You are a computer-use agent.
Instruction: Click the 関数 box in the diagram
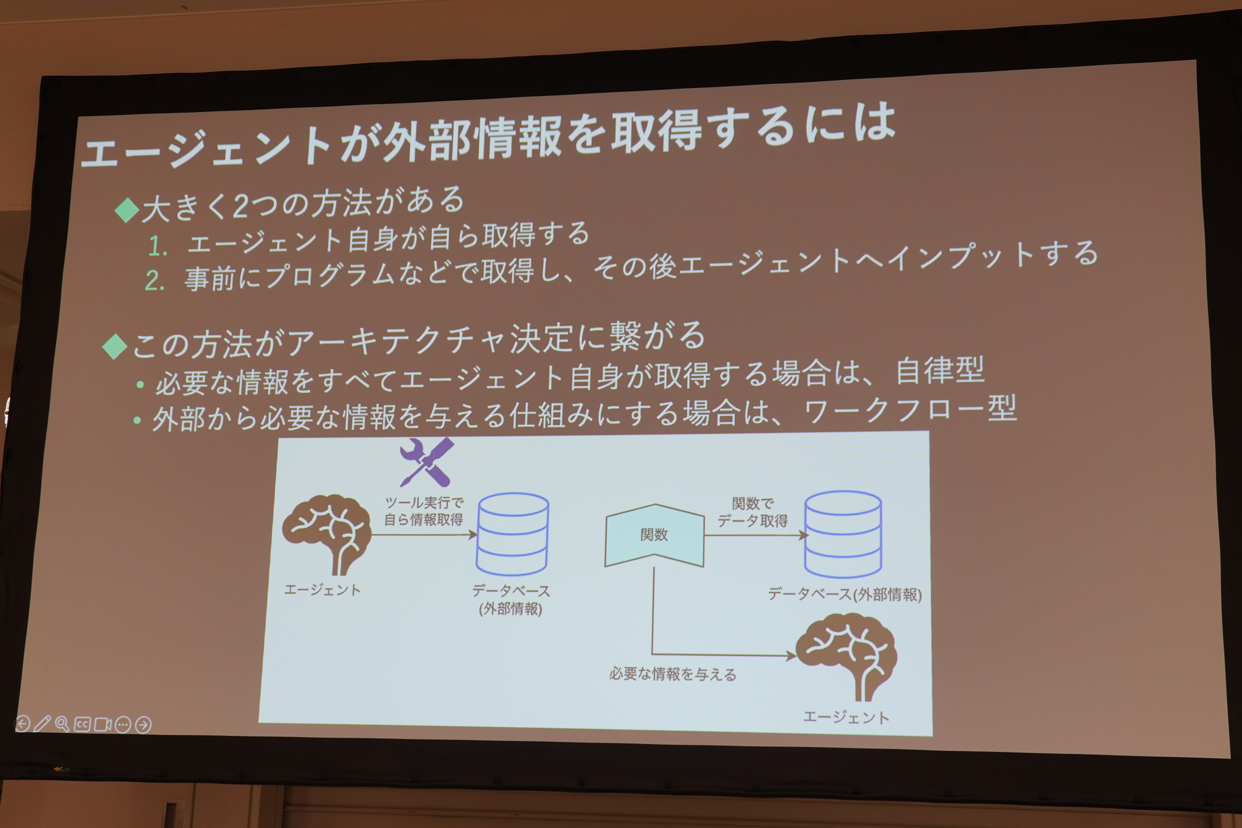tap(654, 535)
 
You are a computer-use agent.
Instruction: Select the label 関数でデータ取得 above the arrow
tap(752, 512)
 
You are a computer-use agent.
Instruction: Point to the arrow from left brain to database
tap(424, 535)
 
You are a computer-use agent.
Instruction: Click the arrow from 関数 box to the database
tap(756, 535)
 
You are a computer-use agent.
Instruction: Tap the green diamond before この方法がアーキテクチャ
tap(115, 346)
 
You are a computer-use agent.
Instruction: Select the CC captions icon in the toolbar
tap(82, 724)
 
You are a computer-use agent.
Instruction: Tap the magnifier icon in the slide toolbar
tap(62, 724)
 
